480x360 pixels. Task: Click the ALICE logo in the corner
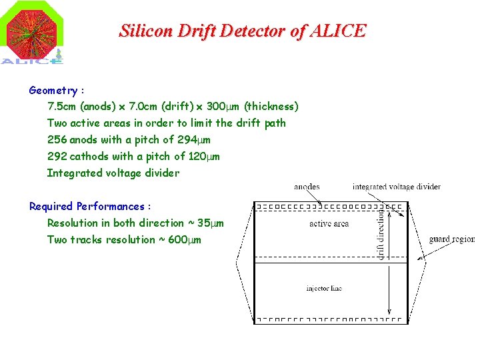(x=33, y=33)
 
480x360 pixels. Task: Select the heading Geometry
(x=53, y=90)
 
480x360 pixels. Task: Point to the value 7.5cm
(x=61, y=107)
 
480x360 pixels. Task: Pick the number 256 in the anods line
(x=57, y=140)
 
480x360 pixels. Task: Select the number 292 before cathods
(x=57, y=157)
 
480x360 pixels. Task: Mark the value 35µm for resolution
(x=211, y=223)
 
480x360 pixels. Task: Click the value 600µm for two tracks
(x=185, y=240)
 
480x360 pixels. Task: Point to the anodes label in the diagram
(x=307, y=187)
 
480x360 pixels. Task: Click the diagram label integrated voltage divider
(x=396, y=187)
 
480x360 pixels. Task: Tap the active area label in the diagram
(x=329, y=224)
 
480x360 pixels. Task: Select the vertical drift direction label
(x=382, y=233)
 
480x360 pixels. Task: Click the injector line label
(x=324, y=289)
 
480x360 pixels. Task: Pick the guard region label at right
(x=452, y=239)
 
